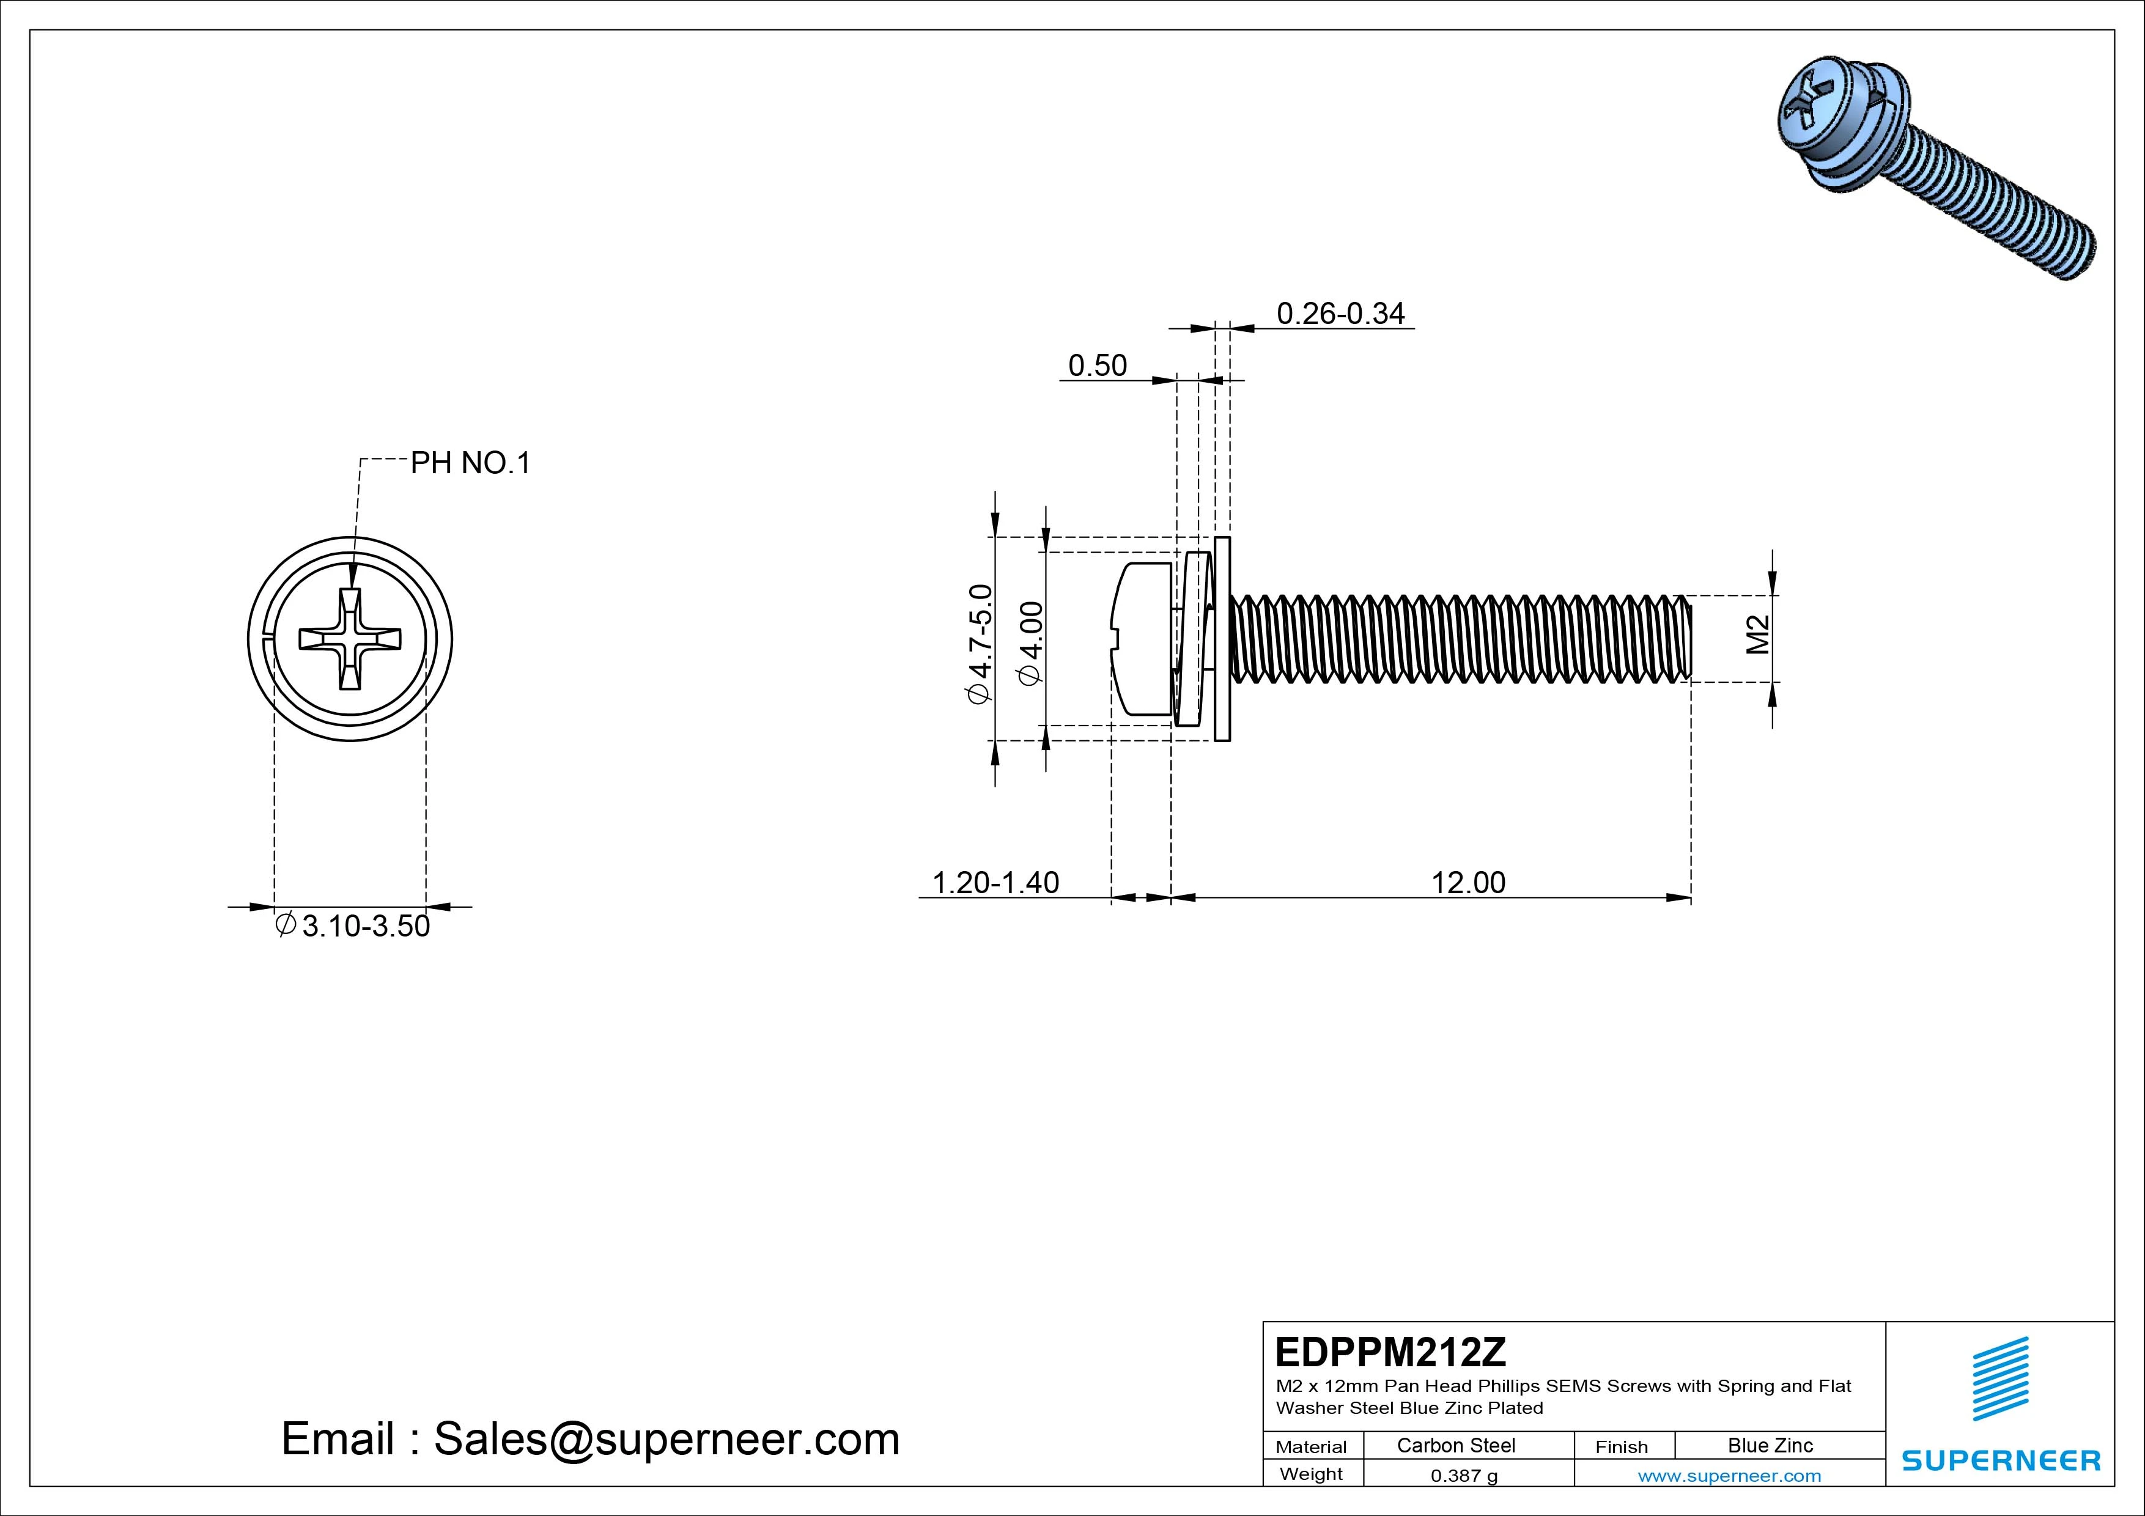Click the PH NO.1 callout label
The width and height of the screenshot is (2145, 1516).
pyautogui.click(x=470, y=463)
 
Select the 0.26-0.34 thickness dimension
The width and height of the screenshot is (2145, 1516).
pyautogui.click(x=1340, y=314)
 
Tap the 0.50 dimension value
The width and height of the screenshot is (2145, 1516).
pyautogui.click(x=1097, y=365)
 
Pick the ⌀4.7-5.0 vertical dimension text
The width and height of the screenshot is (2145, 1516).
pyautogui.click(x=979, y=644)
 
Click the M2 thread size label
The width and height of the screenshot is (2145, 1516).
pyautogui.click(x=1757, y=635)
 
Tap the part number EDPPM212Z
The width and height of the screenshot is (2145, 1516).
pyautogui.click(x=1390, y=1352)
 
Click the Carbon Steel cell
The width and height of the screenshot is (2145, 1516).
pyautogui.click(x=1455, y=1446)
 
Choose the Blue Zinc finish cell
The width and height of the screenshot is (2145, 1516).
pyautogui.click(x=1770, y=1446)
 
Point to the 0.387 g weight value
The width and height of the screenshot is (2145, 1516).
pyautogui.click(x=1464, y=1476)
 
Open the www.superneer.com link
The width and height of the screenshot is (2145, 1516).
pyautogui.click(x=1729, y=1476)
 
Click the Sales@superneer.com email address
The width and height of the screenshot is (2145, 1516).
pyautogui.click(x=666, y=1440)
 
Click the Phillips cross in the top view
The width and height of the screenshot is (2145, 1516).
pyautogui.click(x=350, y=639)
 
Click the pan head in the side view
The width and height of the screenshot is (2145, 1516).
pyautogui.click(x=1142, y=639)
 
